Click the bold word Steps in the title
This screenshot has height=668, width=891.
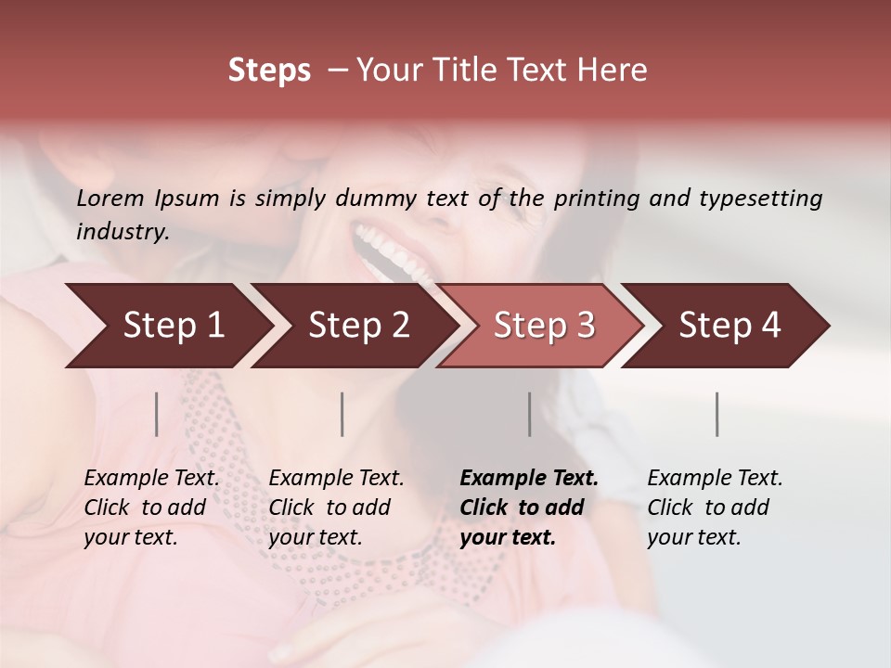pos(269,71)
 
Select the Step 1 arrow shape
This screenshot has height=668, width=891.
pos(167,326)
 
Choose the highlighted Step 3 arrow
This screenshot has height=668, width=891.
pos(543,326)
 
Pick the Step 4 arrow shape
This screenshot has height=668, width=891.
pos(729,326)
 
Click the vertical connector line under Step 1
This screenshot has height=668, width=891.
pos(157,414)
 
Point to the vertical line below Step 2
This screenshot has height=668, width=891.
pos(342,414)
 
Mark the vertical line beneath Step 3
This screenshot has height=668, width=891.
pos(530,414)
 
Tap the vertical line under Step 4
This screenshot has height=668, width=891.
pos(717,414)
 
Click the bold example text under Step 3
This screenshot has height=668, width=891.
pos(528,507)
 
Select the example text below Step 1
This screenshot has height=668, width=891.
pos(151,507)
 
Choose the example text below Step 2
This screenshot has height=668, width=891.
pos(336,507)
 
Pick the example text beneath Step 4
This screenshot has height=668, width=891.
pos(715,507)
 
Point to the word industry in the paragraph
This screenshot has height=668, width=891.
pos(122,231)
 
